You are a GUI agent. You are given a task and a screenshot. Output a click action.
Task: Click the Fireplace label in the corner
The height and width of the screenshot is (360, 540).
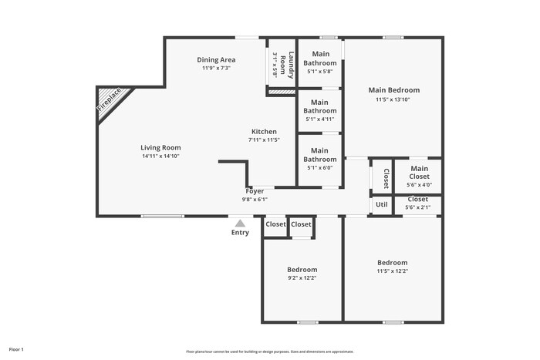[x=109, y=101]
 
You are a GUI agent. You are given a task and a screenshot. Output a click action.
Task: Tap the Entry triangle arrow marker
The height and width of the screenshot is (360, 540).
[x=240, y=223]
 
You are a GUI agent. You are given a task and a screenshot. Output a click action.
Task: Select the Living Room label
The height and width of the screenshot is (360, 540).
[x=160, y=147]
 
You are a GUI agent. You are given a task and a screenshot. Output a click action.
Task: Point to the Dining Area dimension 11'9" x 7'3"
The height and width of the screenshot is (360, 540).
[x=217, y=68]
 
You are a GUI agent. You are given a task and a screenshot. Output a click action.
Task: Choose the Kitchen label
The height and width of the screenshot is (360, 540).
[x=263, y=132]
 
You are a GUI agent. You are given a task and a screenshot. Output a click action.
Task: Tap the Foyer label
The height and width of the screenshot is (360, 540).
[x=255, y=190]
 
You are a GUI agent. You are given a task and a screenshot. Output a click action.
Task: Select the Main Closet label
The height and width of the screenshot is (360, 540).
[x=419, y=172]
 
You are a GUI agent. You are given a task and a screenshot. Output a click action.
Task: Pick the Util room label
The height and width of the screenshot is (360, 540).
[x=381, y=204]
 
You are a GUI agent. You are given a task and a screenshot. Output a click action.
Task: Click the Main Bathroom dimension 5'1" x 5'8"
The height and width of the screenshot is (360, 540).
[x=319, y=72]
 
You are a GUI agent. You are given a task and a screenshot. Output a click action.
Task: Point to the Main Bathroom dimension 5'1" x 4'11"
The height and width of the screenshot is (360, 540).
[x=319, y=119]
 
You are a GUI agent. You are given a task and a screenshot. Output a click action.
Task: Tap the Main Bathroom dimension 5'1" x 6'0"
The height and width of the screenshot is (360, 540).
[x=319, y=167]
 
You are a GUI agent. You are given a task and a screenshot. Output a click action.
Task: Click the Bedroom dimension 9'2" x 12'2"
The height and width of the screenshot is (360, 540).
[x=302, y=278]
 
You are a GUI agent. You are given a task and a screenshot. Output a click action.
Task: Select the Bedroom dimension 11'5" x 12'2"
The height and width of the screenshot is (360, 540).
[x=392, y=271]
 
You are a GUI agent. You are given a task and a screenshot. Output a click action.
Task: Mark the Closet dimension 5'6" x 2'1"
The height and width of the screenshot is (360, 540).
[x=417, y=207]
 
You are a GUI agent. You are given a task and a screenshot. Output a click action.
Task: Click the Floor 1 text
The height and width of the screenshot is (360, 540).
[x=16, y=349]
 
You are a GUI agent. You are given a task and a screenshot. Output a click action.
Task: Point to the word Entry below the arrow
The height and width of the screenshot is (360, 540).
[x=240, y=232]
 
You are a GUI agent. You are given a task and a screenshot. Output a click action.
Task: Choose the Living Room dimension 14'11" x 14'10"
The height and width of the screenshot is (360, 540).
[x=160, y=156]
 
